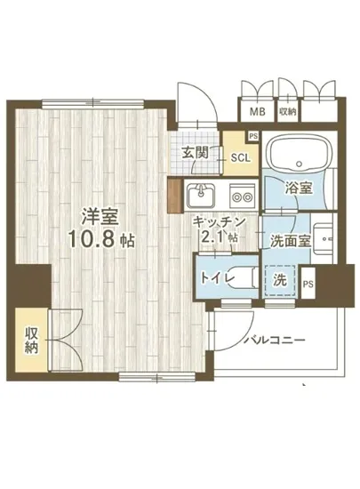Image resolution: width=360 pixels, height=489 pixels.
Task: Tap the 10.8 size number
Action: pos(97,238)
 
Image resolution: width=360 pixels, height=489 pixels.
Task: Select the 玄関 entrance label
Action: pos(196,152)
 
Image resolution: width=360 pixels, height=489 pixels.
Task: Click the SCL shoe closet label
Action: pos(240,158)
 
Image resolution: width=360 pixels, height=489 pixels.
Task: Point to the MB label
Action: pos(256,112)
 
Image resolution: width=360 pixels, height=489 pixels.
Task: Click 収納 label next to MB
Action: pos(287,112)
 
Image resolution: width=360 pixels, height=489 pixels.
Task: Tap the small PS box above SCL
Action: pos(254,136)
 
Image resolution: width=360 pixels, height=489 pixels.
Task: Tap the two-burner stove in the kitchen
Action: pos(240,192)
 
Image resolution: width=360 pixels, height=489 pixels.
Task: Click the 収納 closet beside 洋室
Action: pos(31,339)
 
